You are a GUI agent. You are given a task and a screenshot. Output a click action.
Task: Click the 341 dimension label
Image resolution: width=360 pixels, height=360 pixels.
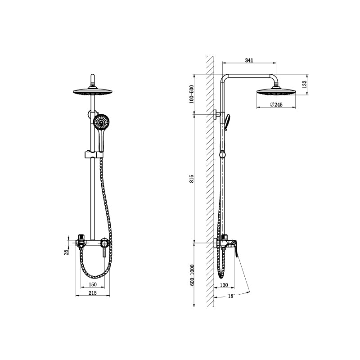click(248, 59)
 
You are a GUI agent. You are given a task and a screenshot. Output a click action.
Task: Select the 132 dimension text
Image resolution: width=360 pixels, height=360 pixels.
click(304, 84)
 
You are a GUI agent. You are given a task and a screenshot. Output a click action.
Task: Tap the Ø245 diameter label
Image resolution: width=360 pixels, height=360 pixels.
click(276, 104)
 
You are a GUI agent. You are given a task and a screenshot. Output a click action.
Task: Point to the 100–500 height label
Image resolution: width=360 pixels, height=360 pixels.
click(192, 94)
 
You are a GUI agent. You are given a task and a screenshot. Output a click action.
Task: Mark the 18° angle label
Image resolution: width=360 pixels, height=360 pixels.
click(231, 296)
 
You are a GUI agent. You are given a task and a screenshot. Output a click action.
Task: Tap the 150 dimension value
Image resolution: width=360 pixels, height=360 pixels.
click(92, 284)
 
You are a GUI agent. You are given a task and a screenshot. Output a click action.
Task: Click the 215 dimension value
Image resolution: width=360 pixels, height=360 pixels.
click(92, 293)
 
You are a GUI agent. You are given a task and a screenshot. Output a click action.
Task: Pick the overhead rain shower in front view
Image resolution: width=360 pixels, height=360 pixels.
click(92, 92)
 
